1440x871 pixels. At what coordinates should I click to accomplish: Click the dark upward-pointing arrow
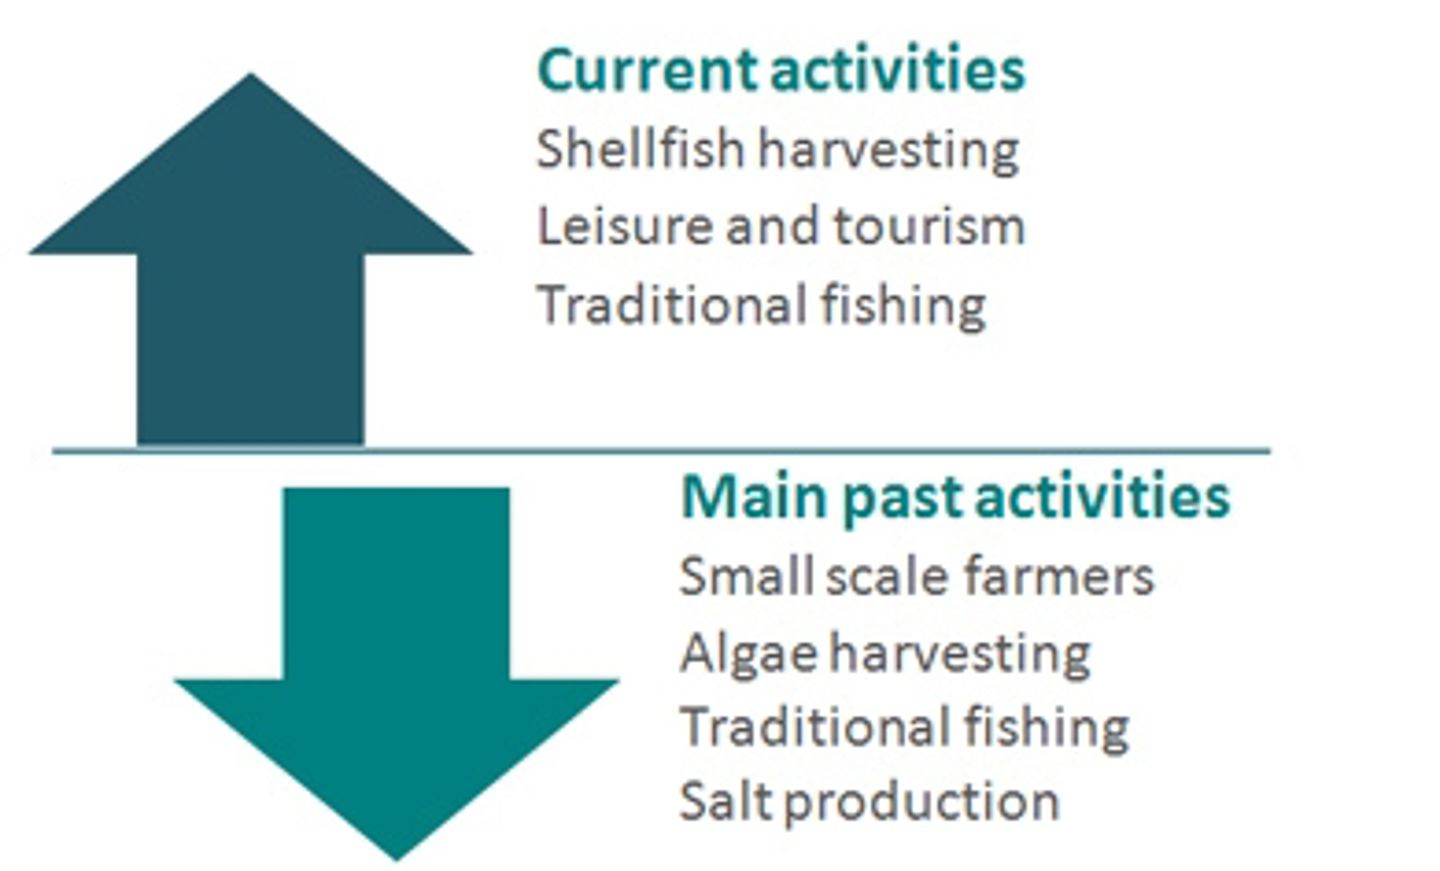[x=251, y=270]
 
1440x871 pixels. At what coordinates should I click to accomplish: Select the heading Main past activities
[x=955, y=498]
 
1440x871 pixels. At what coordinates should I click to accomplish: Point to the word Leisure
[x=625, y=226]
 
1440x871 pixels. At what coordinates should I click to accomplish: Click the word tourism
[x=929, y=227]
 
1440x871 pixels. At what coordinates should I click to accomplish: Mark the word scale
[x=887, y=575]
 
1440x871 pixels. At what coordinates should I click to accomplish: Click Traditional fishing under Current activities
[x=762, y=305]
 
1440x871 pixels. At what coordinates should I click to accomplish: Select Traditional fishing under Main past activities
[x=904, y=727]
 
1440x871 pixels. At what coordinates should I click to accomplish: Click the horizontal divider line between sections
[x=661, y=451]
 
